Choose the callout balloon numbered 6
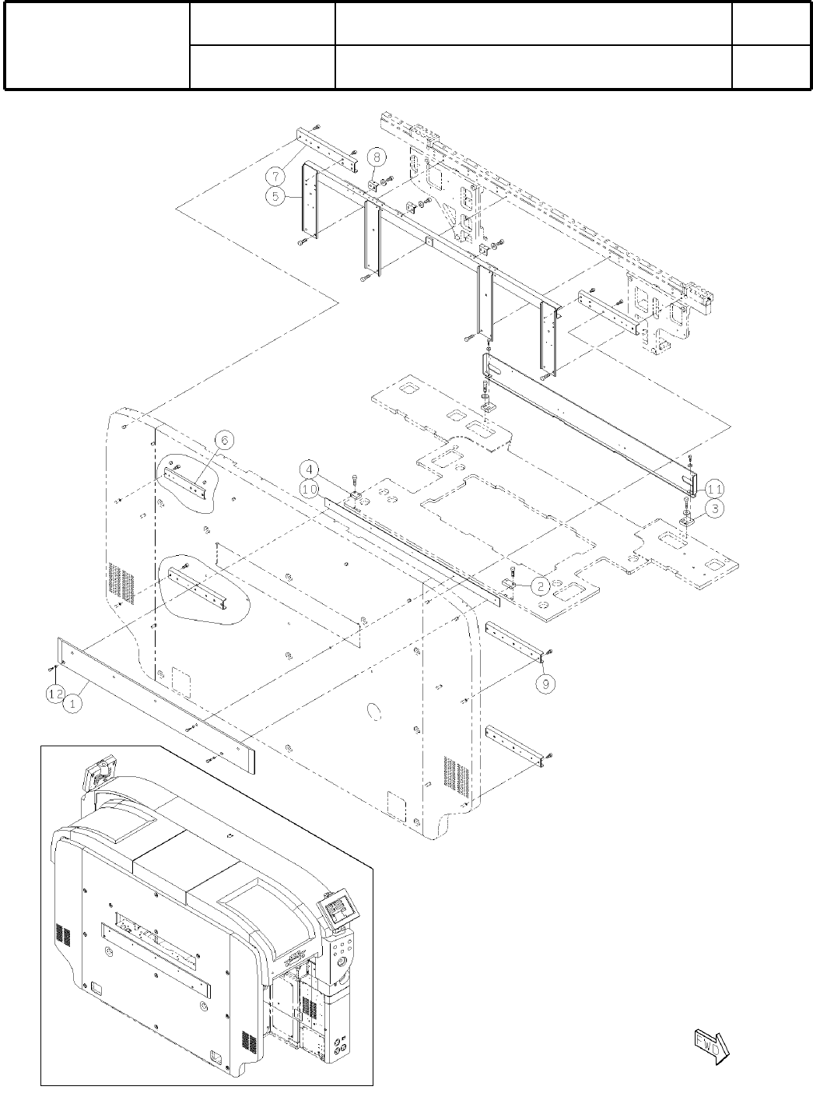click(x=223, y=440)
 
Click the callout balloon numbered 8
click(x=376, y=156)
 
